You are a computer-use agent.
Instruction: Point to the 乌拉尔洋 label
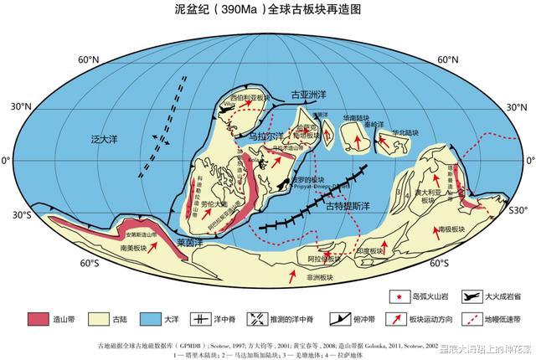click(x=268, y=134)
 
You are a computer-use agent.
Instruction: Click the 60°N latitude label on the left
click(x=89, y=60)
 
